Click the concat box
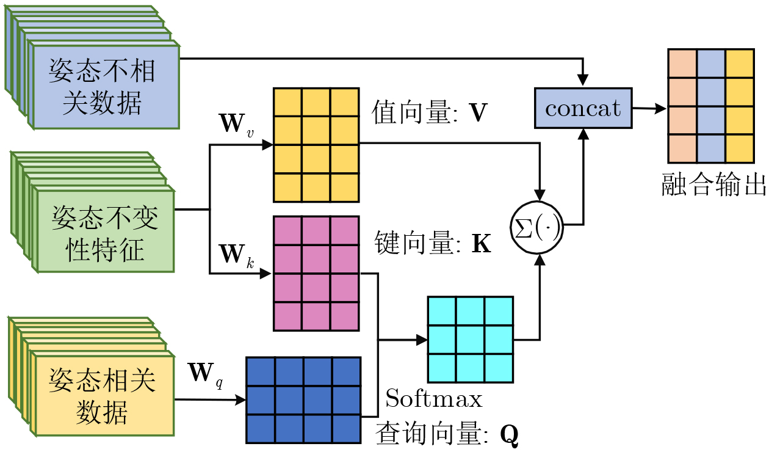click(583, 108)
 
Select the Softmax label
click(434, 399)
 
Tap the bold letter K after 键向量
click(482, 244)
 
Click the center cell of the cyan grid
click(470, 339)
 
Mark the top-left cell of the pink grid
click(287, 230)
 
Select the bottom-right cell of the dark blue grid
click(346, 428)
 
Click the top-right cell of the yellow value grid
click(345, 102)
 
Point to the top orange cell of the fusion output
click(682, 64)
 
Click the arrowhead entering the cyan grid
click(422, 340)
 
